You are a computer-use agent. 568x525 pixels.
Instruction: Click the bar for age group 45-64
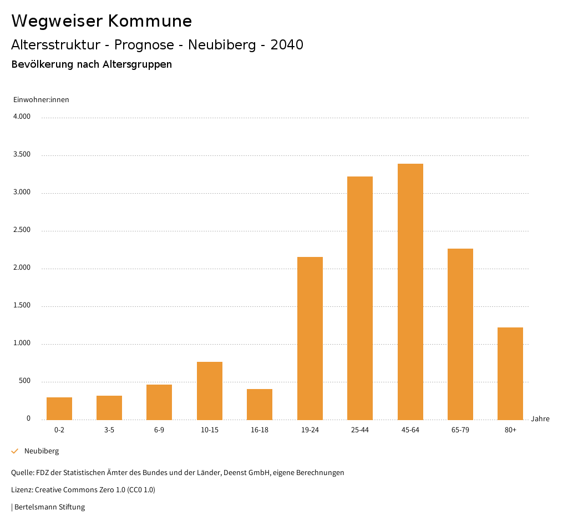pos(410,291)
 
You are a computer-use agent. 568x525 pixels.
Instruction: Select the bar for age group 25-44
pos(360,298)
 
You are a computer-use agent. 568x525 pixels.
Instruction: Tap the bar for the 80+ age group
pos(510,373)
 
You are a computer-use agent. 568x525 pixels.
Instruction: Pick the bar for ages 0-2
pos(59,408)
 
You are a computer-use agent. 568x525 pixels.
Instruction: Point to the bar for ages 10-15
pos(210,391)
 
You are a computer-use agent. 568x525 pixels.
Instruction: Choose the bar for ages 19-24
pos(310,338)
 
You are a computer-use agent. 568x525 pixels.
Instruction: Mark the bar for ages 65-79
pos(460,334)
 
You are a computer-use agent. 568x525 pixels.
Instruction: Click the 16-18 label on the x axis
pos(260,430)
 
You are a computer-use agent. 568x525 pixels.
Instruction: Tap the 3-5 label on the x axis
pos(109,430)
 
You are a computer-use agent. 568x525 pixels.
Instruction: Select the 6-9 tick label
pos(159,430)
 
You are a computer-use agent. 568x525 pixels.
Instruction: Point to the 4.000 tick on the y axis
pos(22,117)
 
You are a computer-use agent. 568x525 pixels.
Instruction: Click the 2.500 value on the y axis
pos(22,230)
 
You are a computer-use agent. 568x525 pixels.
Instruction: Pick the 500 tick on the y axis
pos(24,381)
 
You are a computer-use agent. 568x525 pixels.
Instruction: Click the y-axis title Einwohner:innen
pos(41,100)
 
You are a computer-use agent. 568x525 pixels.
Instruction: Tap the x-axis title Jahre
pos(540,419)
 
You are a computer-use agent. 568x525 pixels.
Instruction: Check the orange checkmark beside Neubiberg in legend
pos(15,451)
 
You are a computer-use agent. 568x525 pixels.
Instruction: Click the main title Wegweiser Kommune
pos(102,21)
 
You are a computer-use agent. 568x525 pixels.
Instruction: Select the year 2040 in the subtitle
pos(287,45)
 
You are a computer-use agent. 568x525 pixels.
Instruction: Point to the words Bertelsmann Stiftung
pos(49,507)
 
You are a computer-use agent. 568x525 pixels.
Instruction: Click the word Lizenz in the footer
pos(22,490)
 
